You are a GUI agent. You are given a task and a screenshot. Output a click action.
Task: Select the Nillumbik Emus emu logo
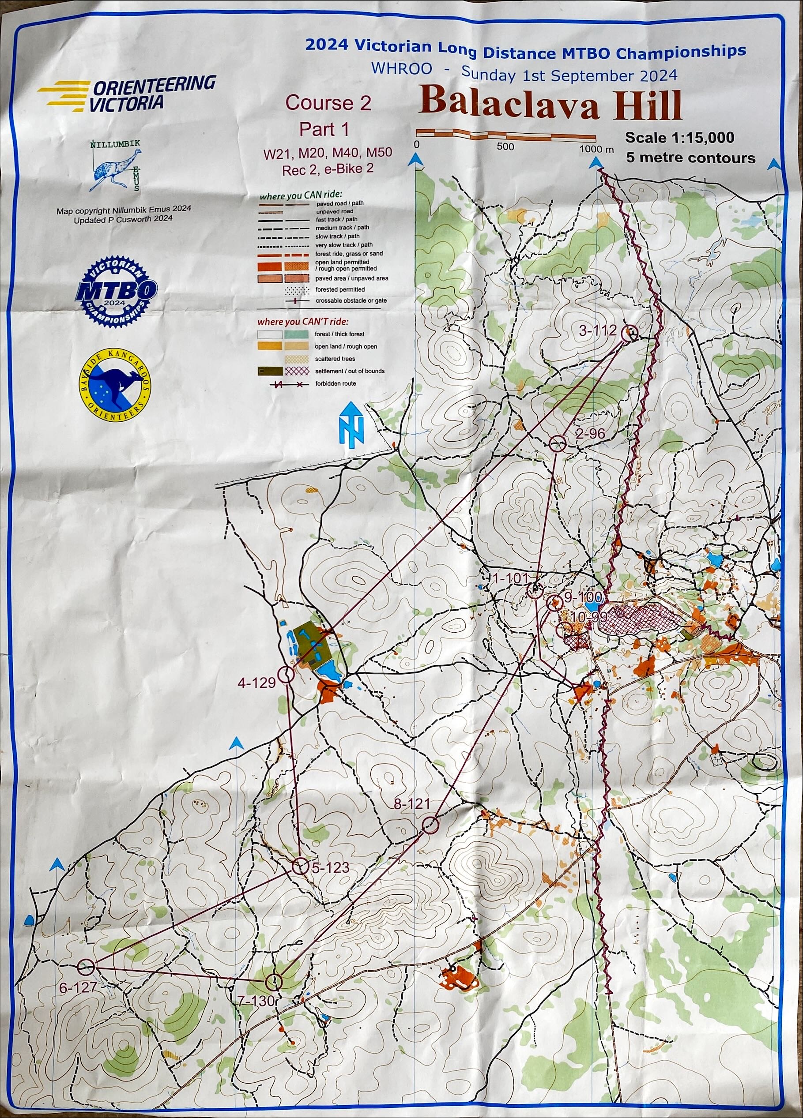tap(115, 165)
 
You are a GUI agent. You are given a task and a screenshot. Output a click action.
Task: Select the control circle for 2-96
tap(558, 443)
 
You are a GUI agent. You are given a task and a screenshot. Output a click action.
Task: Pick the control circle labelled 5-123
tap(300, 866)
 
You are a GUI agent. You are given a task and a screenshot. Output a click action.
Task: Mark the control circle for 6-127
tap(86, 953)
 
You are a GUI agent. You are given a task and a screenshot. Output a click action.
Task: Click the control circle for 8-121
tap(430, 825)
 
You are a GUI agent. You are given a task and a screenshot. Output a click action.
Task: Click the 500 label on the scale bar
tap(505, 146)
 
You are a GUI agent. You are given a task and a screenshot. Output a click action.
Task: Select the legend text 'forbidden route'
tap(336, 383)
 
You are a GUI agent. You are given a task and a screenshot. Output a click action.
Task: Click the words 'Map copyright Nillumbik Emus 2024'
tap(123, 210)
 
